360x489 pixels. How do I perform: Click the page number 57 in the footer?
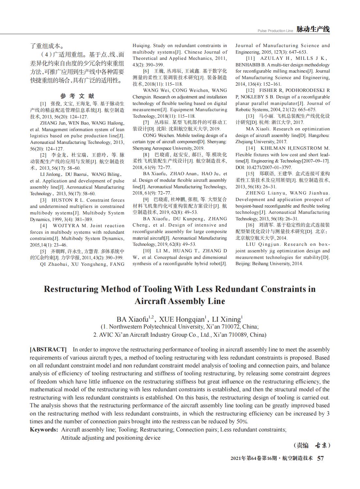pyautogui.click(x=320, y=458)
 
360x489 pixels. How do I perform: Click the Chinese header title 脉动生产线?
pyautogui.click(x=313, y=29)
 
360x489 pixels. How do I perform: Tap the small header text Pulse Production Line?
pyautogui.click(x=275, y=31)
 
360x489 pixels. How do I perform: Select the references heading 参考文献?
pyautogui.click(x=77, y=96)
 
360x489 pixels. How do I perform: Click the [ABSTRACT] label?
pyautogui.click(x=48, y=349)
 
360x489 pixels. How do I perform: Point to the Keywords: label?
pyautogui.click(x=44, y=430)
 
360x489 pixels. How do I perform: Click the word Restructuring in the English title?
pyautogui.click(x=71, y=289)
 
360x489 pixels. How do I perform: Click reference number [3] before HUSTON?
pyautogui.click(x=43, y=200)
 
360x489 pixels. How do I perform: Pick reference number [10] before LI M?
pyautogui.click(x=147, y=251)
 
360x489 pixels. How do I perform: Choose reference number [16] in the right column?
pyautogui.click(x=250, y=225)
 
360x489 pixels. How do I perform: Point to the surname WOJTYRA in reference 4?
pyautogui.click(x=66, y=226)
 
